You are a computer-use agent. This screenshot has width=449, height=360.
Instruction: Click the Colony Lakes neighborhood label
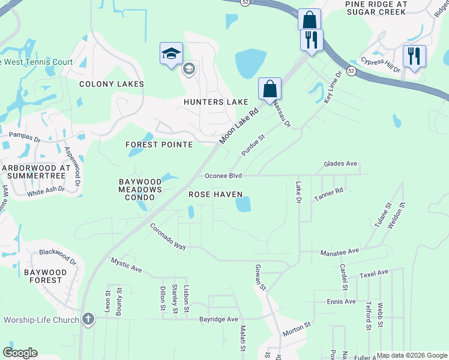tap(112, 84)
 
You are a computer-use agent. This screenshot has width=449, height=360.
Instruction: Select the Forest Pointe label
tap(159, 145)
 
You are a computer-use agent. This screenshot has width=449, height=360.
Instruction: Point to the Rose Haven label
tap(215, 194)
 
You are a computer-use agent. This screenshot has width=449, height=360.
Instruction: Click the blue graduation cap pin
tap(171, 54)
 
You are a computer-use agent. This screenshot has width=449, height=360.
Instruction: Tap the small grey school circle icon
tap(188, 69)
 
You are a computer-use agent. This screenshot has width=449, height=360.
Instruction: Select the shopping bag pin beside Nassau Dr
tap(270, 89)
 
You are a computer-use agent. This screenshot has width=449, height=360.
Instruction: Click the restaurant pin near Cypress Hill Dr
tap(414, 57)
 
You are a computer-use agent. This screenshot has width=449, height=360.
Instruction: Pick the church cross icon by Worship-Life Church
tap(88, 319)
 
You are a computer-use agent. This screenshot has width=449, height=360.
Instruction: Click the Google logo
tap(20, 353)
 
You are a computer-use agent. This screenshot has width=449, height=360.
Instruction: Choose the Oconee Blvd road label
tap(223, 176)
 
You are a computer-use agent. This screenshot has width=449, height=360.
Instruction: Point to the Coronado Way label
tap(168, 237)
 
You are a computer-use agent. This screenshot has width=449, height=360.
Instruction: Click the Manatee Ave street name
tap(339, 251)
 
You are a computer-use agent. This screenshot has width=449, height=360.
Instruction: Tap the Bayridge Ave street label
tap(219, 319)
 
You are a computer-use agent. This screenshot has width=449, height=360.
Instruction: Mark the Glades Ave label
tap(340, 164)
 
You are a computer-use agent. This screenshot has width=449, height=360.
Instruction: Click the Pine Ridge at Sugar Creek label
tap(376, 7)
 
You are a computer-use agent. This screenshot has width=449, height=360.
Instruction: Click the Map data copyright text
tap(412, 355)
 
